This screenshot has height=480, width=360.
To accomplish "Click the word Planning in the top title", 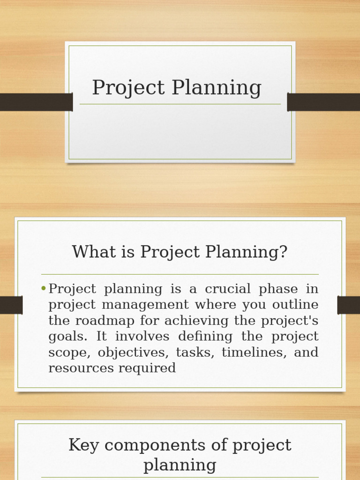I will pos(217,88).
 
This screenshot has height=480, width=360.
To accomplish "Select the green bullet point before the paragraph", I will pos(44,289).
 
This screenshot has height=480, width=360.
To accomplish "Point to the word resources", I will pos(81,368).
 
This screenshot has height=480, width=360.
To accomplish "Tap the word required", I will pos(147,368).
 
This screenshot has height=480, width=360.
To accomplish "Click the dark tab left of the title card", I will pos(36,102).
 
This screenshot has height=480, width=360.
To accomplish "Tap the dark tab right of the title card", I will pos(323,102).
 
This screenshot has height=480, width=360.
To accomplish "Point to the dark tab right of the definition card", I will pos(348,305).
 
